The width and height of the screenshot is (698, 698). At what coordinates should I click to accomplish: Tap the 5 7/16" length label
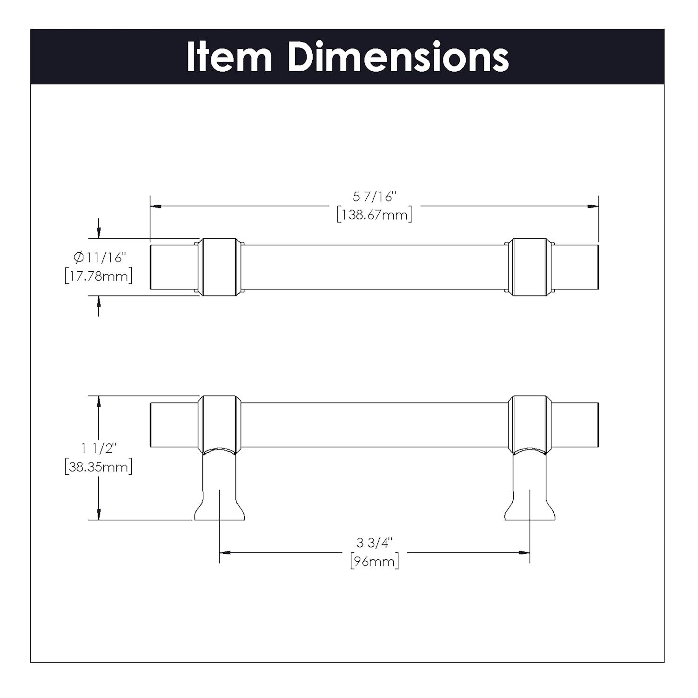374,197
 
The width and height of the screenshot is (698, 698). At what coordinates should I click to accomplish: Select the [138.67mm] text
374,215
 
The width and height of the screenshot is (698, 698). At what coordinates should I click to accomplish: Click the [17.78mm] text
98,275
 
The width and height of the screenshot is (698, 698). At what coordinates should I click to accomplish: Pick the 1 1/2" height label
98,448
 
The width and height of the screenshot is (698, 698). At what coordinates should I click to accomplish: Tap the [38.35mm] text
98,466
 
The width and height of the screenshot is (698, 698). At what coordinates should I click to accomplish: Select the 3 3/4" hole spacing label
374,543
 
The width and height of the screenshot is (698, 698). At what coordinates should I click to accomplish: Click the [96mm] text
374,561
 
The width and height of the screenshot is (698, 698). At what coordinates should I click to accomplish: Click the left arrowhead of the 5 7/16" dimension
155,206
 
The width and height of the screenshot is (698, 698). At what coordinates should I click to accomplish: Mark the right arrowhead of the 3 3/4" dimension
524,553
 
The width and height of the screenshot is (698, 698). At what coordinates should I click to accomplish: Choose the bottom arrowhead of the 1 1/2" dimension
98,514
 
